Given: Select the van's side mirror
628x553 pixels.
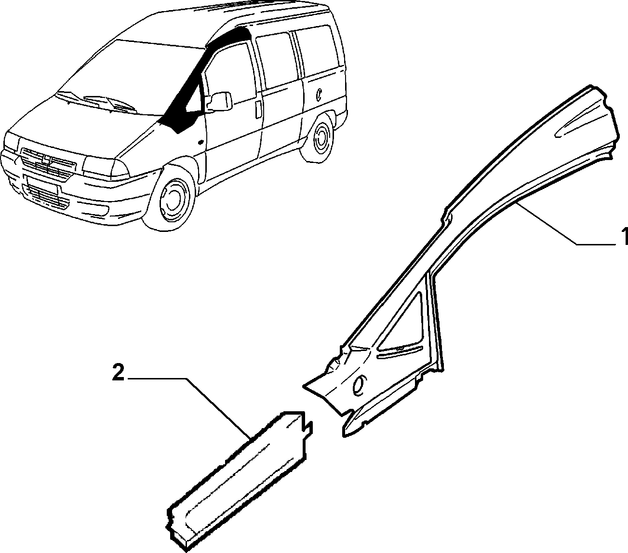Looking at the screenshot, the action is coord(219,101).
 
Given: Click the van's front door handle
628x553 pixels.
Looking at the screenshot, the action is coord(257,109).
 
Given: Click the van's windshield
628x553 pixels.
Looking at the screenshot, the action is coord(130,77).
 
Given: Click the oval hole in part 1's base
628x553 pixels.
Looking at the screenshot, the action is coord(359,386).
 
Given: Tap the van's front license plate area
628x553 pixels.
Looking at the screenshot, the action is coord(42,185).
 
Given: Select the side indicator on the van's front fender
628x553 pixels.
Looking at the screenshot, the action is coord(200,142).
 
